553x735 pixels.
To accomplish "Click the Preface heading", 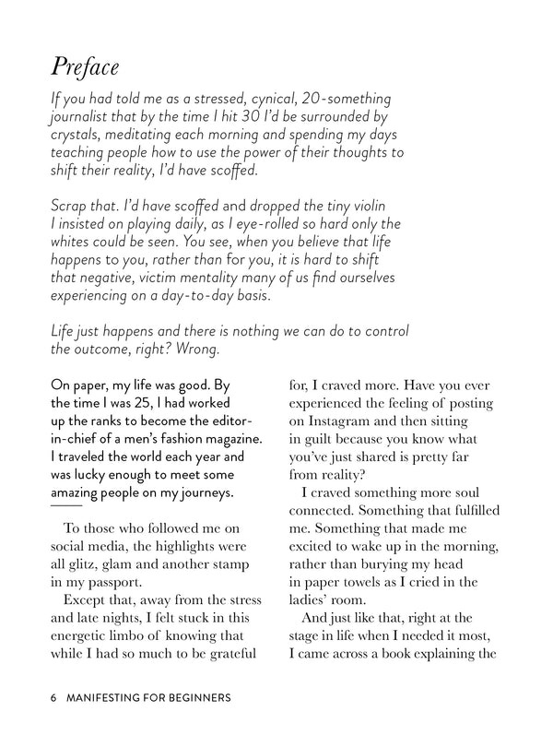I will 86,67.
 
